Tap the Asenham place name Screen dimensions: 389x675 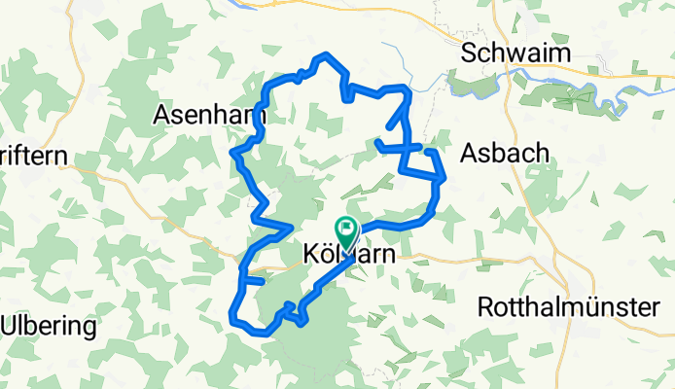pyautogui.click(x=210, y=115)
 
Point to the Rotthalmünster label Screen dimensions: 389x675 pyautogui.click(x=569, y=307)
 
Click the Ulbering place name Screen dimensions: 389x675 pyautogui.click(x=49, y=326)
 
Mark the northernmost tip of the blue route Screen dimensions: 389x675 pyautogui.click(x=328, y=54)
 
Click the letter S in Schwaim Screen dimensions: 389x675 pyautogui.click(x=470, y=53)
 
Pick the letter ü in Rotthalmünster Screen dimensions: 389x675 pyautogui.click(x=604, y=307)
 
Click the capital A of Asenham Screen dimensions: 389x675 pyautogui.click(x=161, y=115)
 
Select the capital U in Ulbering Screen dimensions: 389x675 pyautogui.click(x=9, y=326)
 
